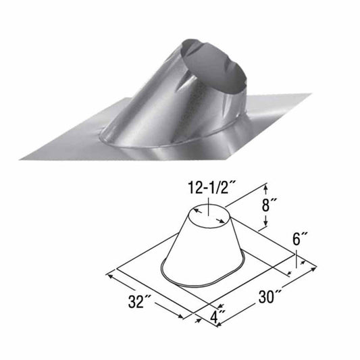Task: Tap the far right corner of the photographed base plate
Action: pos(310,94)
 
